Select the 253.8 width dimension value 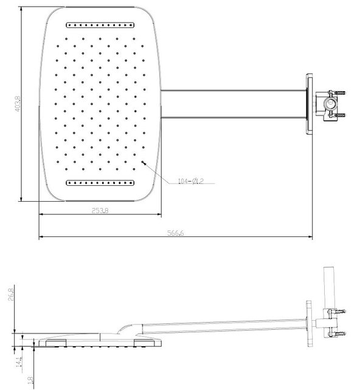click(100, 211)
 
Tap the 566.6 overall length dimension click(176, 233)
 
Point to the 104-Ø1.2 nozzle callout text click(190, 180)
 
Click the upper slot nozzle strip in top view click(100, 26)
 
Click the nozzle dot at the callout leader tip click(142, 163)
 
